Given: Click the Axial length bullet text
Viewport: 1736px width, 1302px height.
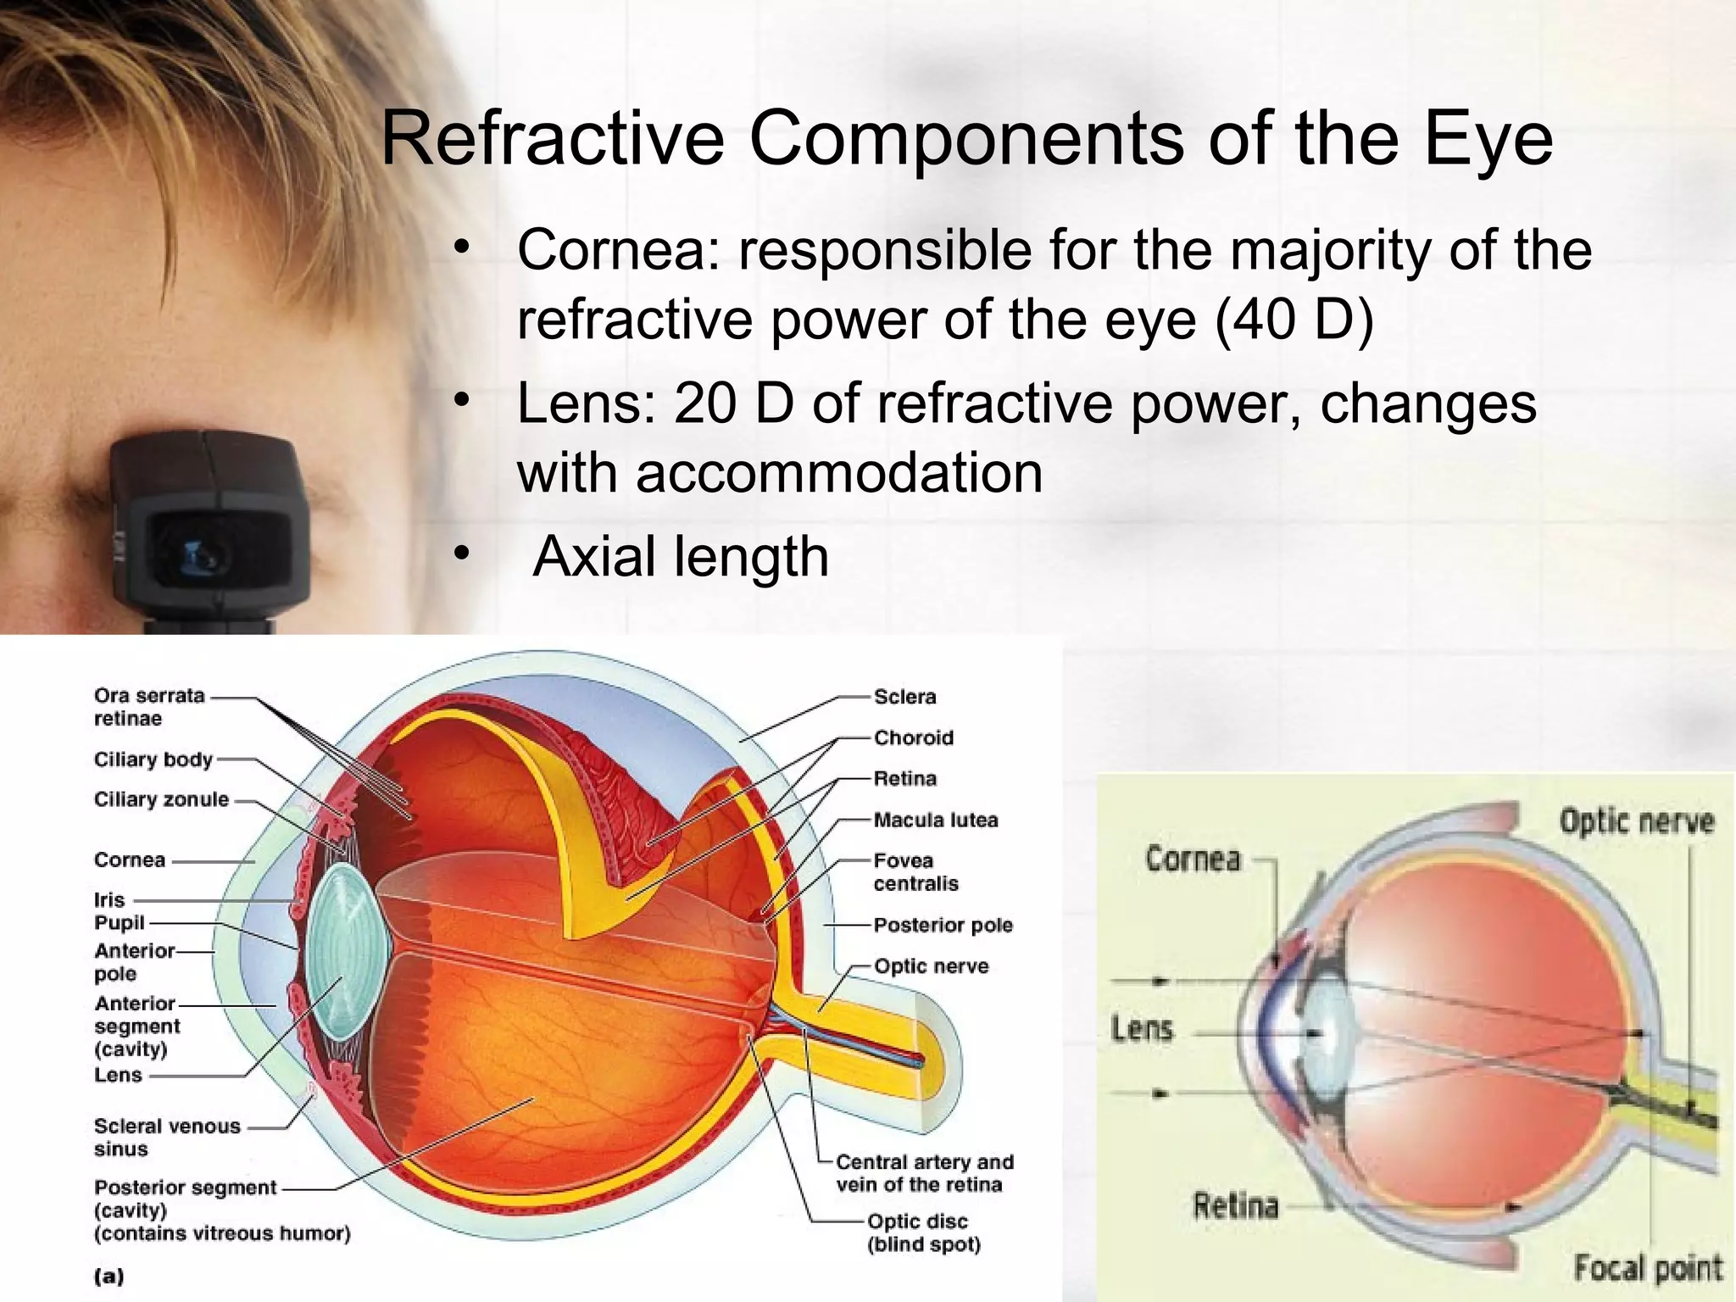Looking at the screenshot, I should (x=681, y=557).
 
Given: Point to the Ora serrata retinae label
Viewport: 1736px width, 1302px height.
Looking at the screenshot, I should (x=149, y=707).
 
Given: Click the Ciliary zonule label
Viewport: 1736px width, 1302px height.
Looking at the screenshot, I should (x=161, y=799).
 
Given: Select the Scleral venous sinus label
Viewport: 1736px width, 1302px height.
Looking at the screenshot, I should (x=167, y=1138).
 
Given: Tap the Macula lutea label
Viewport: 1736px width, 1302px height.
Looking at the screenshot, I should (x=936, y=820).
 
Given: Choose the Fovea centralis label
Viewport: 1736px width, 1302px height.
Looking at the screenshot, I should (x=915, y=872).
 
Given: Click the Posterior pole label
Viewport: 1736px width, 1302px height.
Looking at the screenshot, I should (x=943, y=925).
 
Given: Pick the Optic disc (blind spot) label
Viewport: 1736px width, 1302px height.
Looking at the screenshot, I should (x=923, y=1232).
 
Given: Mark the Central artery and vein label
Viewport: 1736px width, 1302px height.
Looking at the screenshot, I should (x=924, y=1173).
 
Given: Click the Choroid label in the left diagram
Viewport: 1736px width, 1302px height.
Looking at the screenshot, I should (x=914, y=737).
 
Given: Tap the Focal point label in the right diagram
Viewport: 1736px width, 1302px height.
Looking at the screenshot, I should (x=1647, y=1268).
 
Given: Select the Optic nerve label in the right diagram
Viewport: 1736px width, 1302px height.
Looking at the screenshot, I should (x=1636, y=821).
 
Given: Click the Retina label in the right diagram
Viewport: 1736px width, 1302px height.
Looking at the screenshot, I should (x=1235, y=1205).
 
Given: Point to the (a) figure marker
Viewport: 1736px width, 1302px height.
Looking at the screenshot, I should (x=109, y=1276).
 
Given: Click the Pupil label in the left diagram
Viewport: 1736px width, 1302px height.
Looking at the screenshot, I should (x=120, y=922).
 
